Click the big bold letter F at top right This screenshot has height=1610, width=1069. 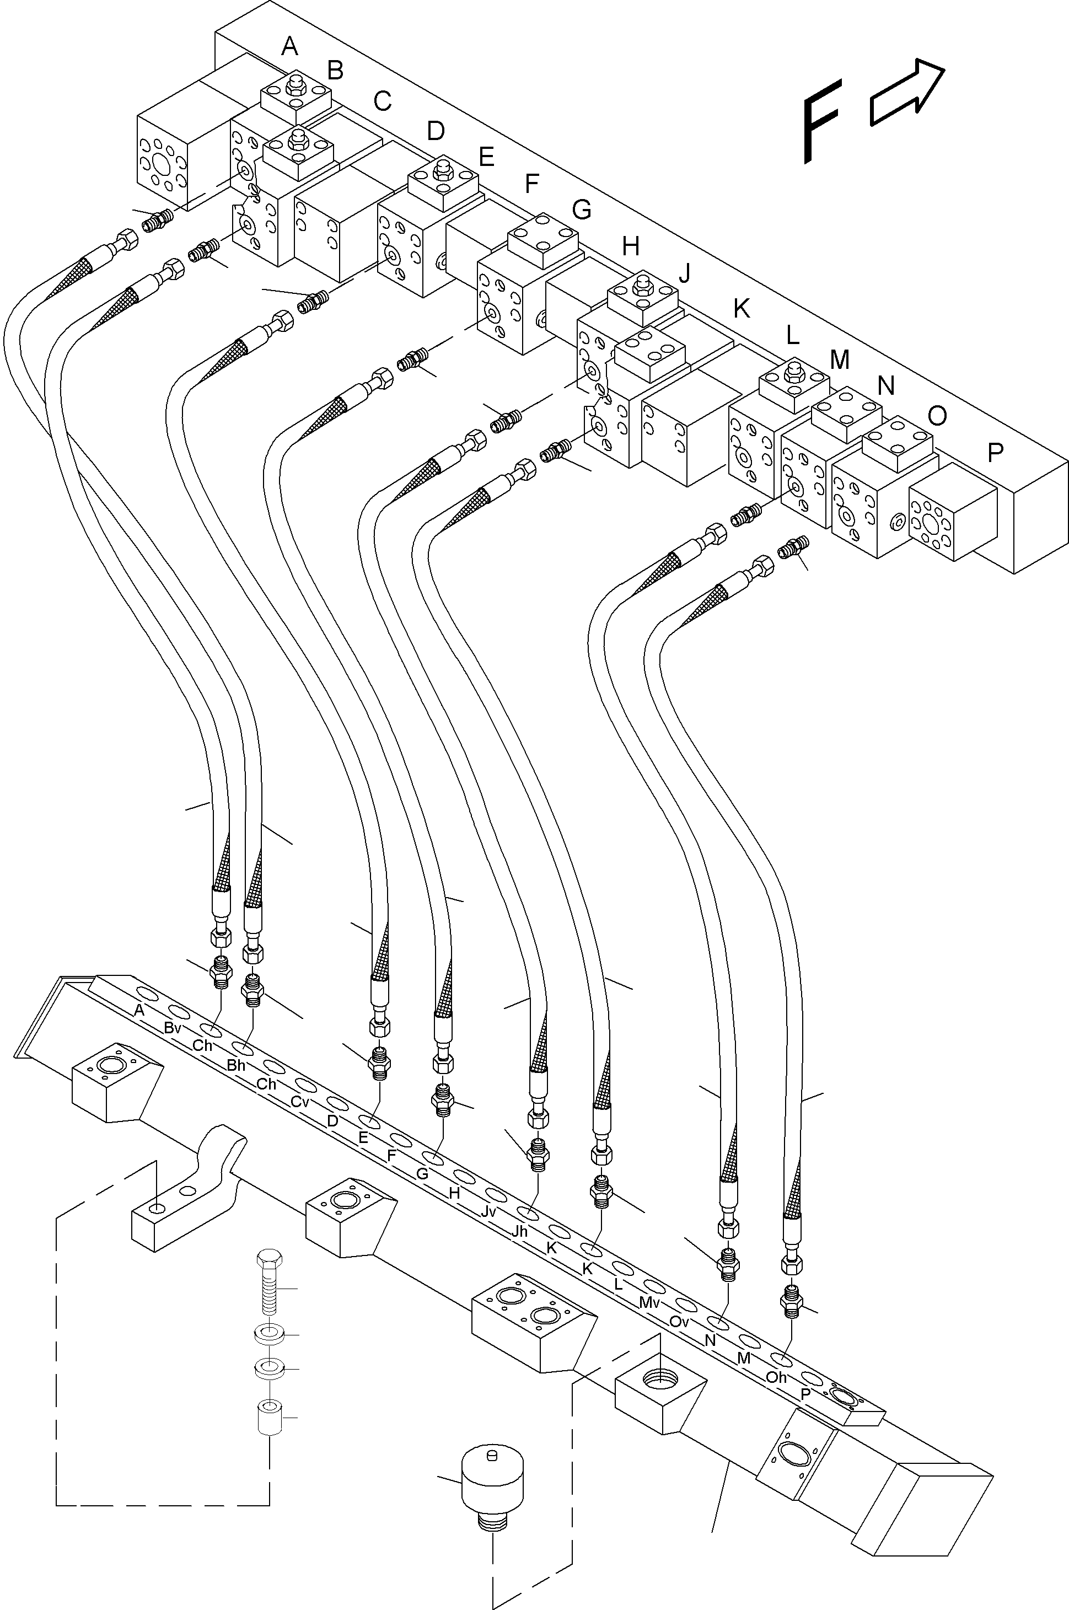tap(821, 121)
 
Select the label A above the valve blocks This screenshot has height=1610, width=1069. tap(290, 46)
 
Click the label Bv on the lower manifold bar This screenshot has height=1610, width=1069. tap(172, 1028)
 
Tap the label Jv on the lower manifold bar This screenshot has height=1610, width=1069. tap(487, 1211)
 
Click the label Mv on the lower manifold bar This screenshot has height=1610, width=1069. tap(649, 1302)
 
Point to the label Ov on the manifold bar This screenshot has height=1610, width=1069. tap(679, 1321)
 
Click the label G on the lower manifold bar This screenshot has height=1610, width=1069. tap(422, 1174)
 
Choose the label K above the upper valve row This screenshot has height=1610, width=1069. tap(742, 309)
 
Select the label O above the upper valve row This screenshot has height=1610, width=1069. tap(937, 415)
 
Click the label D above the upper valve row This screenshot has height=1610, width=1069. tap(436, 130)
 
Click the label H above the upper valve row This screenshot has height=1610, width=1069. tap(631, 245)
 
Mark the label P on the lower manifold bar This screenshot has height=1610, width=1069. tap(805, 1394)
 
